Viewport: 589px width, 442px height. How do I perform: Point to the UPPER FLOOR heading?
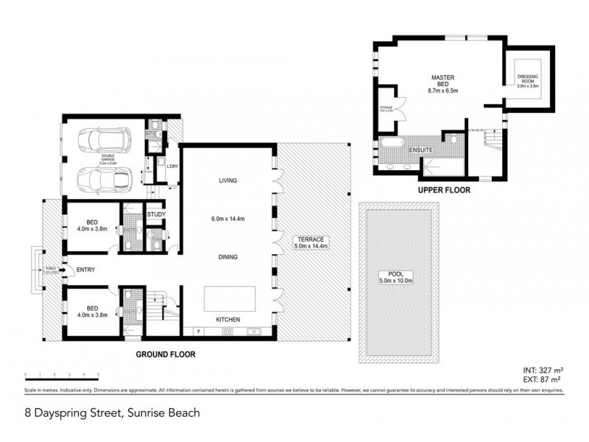tap(444, 189)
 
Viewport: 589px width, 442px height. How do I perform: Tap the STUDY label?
tap(155, 215)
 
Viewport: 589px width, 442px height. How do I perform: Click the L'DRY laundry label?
tap(173, 166)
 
